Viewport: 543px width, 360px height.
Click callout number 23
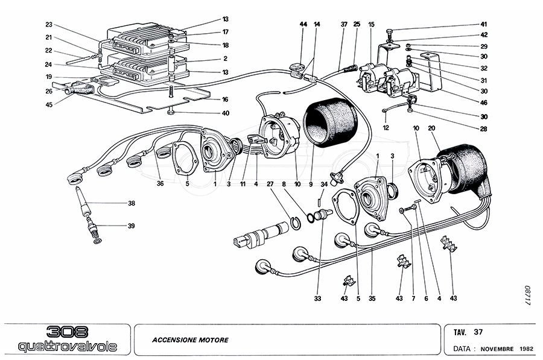(x=49, y=25)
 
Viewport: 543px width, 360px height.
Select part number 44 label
(x=303, y=24)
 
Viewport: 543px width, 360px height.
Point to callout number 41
(x=483, y=25)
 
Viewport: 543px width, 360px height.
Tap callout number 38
(x=131, y=204)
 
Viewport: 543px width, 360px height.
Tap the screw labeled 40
(x=172, y=113)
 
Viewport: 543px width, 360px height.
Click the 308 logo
(x=67, y=332)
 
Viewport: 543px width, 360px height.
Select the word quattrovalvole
(x=67, y=347)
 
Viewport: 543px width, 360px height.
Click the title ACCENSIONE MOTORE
(x=190, y=340)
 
